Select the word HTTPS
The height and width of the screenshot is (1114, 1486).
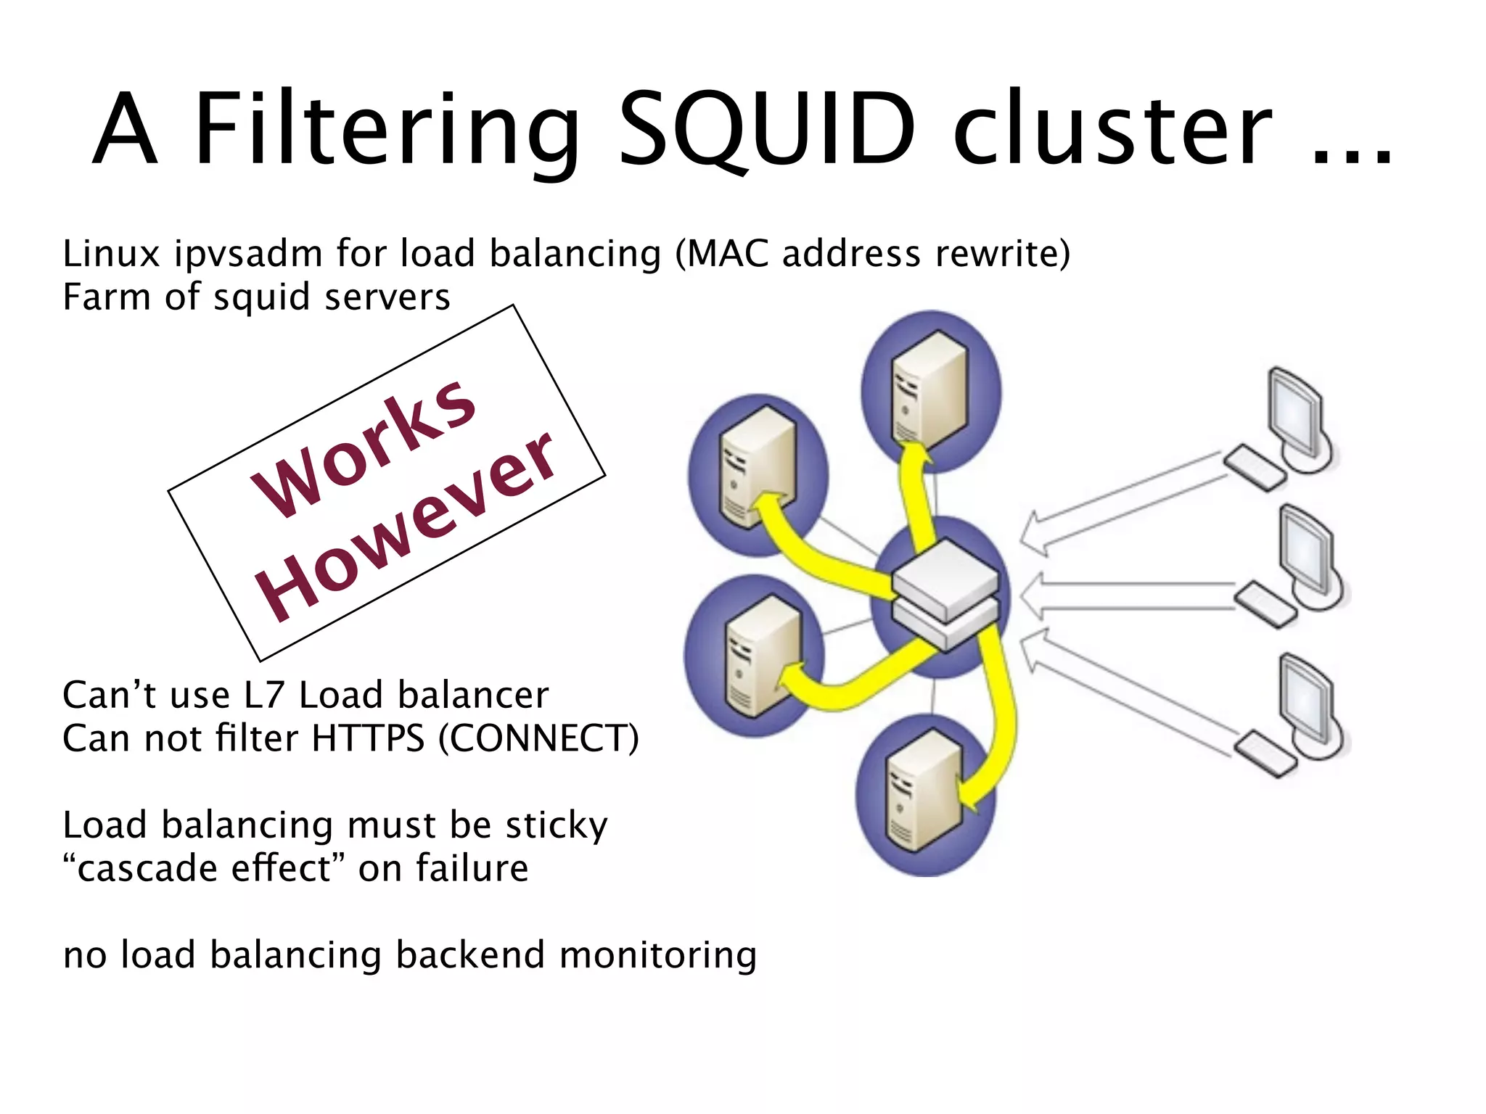368,739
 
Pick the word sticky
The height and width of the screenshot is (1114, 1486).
557,826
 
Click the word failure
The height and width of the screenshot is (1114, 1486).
472,869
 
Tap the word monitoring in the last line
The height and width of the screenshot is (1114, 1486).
658,955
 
